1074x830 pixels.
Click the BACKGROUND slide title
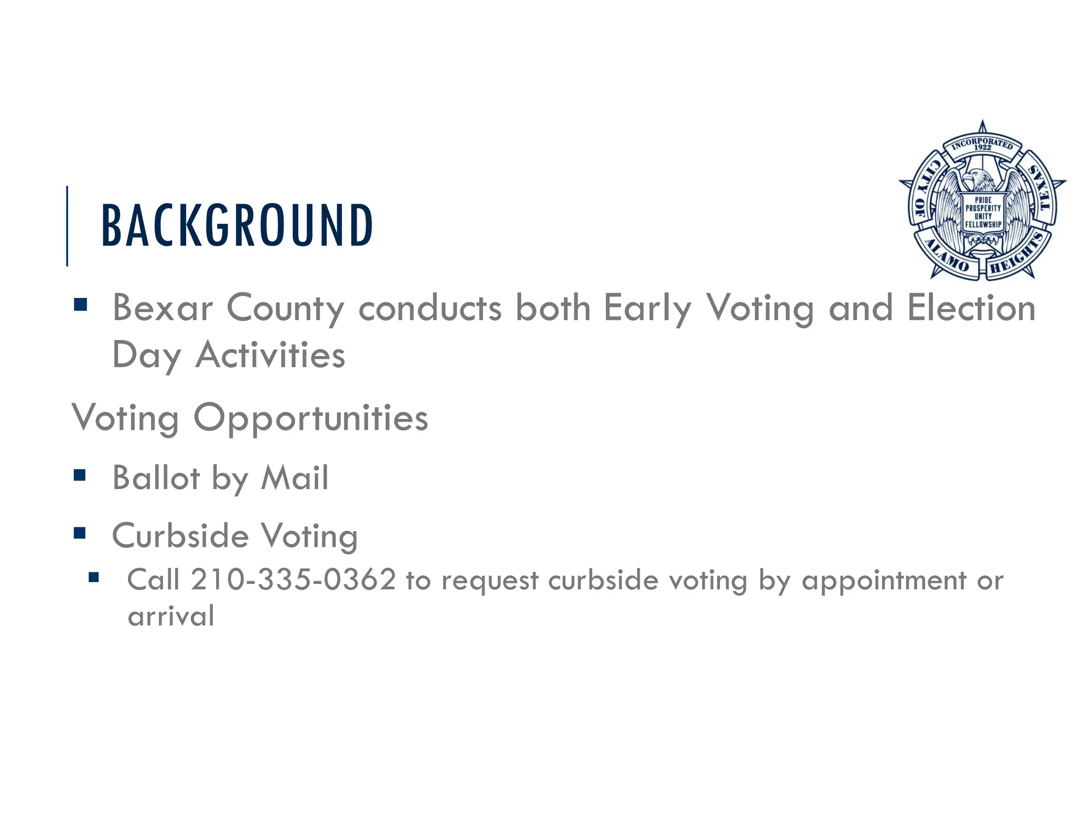point(237,226)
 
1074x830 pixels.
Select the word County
point(285,309)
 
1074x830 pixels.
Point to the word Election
point(972,308)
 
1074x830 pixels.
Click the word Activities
point(270,355)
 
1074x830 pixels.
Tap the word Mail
point(295,478)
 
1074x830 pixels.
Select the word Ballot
point(156,478)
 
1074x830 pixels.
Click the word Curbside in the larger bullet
point(180,536)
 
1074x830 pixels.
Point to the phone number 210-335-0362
point(293,580)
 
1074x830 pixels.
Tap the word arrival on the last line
point(171,616)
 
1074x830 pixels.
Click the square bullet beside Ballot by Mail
point(80,475)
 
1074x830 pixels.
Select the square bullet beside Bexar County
point(80,305)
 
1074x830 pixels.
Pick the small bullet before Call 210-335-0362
point(94,578)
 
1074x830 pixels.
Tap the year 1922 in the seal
point(983,147)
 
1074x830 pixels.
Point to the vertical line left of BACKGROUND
point(67,226)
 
